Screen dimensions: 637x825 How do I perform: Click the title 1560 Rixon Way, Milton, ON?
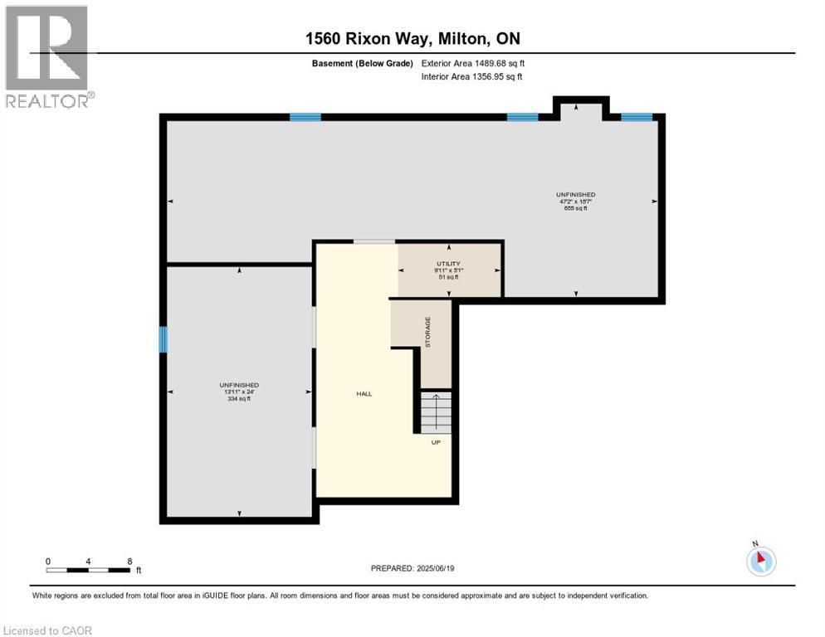412,39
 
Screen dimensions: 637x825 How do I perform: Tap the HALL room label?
364,394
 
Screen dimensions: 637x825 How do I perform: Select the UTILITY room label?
449,264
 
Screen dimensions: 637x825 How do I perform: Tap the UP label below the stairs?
435,442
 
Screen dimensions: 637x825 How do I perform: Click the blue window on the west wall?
164,339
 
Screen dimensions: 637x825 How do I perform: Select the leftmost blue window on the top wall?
305,117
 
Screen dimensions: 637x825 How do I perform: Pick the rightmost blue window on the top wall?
637,117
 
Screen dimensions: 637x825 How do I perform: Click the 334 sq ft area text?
239,399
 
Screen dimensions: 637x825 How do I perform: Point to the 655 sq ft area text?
576,208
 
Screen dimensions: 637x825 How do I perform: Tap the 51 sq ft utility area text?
449,277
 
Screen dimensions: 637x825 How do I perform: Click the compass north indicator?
760,560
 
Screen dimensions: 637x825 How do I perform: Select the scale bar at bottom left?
89,570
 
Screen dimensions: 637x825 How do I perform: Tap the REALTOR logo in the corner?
48,56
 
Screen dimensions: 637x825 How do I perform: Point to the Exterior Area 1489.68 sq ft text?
473,62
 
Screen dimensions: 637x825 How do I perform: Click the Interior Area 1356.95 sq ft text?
471,77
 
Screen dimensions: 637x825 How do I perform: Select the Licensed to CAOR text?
48,630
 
